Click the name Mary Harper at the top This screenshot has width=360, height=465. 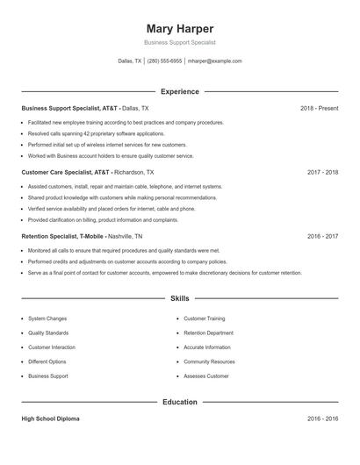coord(180,29)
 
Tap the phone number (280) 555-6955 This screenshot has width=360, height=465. coord(165,61)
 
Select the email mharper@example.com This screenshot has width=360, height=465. coord(214,61)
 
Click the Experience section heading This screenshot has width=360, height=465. coord(180,91)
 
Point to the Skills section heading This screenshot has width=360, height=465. coord(180,299)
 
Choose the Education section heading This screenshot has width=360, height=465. coord(180,402)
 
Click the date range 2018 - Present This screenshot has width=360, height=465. coord(319,108)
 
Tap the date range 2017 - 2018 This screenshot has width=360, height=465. coord(322,173)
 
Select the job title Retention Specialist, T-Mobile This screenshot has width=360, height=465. coord(62,237)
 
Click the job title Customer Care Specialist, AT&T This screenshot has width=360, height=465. coord(67,173)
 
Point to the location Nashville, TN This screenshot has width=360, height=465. coord(126,237)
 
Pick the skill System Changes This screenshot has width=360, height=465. coord(47,318)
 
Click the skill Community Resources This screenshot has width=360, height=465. coord(209,361)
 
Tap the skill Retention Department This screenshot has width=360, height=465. coord(208,333)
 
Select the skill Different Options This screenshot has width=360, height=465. coord(47,361)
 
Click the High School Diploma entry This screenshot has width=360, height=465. coord(50,419)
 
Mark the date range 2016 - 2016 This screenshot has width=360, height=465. coord(322,419)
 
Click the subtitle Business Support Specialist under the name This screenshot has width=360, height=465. coord(180,42)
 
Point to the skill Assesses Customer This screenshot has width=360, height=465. coord(206,376)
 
